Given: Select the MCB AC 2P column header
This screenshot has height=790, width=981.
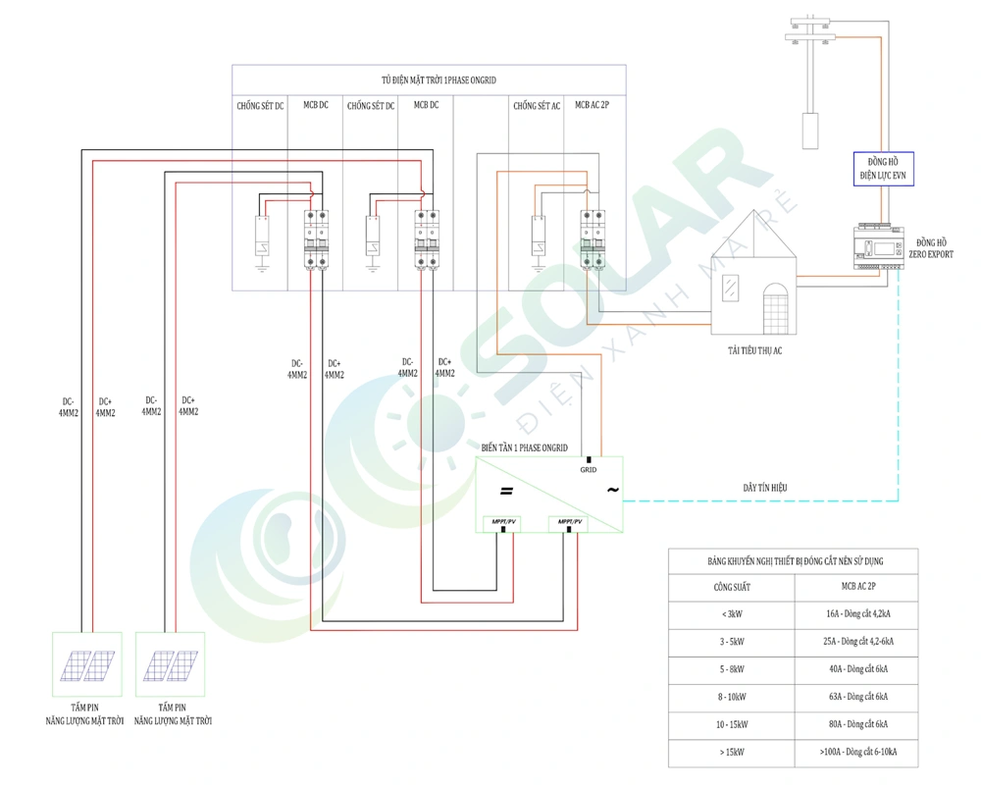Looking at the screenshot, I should pyautogui.click(x=592, y=105).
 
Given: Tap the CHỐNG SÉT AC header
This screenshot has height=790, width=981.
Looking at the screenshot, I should pyautogui.click(x=536, y=105).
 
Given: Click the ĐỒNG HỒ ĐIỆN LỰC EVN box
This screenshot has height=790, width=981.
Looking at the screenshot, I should pyautogui.click(x=883, y=168).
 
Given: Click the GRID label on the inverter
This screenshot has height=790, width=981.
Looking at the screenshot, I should pyautogui.click(x=589, y=470).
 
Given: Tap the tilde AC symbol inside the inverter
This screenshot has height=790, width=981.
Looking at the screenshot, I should pyautogui.click(x=612, y=490).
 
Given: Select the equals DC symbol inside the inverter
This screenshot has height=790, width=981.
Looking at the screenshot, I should pyautogui.click(x=506, y=491).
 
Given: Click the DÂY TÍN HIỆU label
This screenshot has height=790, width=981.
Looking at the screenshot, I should pyautogui.click(x=765, y=487).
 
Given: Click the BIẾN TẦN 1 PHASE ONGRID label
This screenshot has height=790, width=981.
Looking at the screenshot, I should pyautogui.click(x=524, y=447).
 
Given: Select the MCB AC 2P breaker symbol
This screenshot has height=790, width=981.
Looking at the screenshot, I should pyautogui.click(x=591, y=237).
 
